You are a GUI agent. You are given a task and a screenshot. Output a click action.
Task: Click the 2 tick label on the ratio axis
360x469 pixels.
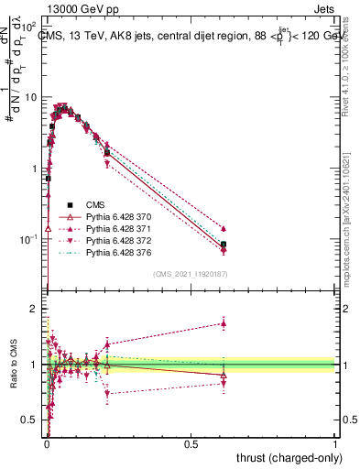35,309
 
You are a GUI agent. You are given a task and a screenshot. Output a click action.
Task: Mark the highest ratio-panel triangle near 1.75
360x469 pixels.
224,323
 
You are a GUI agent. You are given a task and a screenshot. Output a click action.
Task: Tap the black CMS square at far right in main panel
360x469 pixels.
224,245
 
